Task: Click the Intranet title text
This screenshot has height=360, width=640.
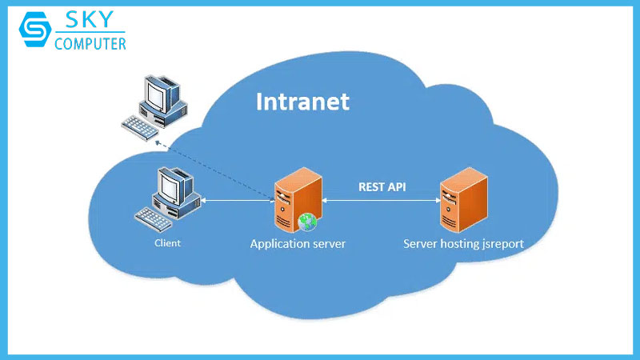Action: [302, 102]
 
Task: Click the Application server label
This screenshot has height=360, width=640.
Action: [298, 243]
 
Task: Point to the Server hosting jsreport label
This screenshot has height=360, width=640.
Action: [463, 243]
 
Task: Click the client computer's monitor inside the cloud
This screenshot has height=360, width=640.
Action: [171, 187]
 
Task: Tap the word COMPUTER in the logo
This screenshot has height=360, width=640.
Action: [90, 44]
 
